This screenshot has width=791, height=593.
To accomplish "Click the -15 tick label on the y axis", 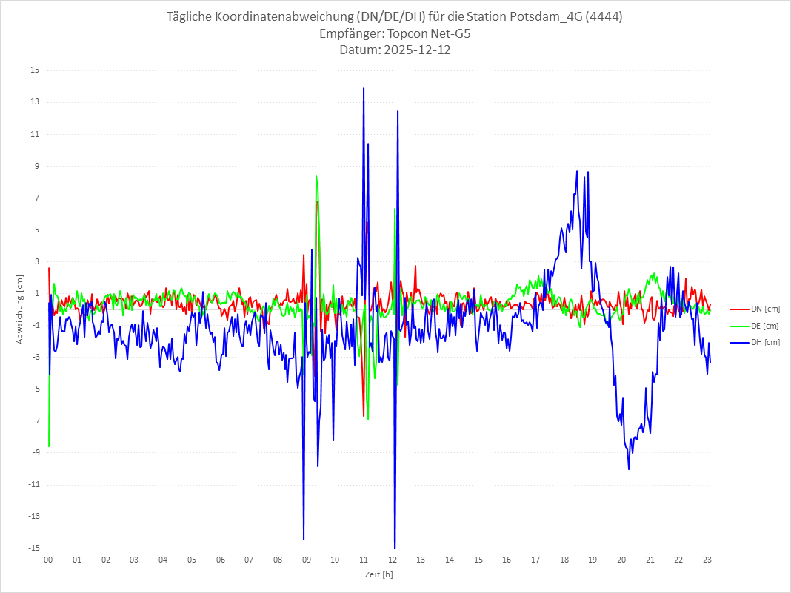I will click(x=33, y=549).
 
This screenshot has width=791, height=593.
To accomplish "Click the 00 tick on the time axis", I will click(x=48, y=560).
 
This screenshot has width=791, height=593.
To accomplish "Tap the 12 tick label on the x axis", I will click(x=393, y=560).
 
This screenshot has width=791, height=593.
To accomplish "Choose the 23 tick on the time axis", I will click(x=707, y=560).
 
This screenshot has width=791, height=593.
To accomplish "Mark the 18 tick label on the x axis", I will click(x=564, y=560).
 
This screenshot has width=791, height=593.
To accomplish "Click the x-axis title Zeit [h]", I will click(x=378, y=574).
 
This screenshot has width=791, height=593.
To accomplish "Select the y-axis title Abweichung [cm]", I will click(x=20, y=309).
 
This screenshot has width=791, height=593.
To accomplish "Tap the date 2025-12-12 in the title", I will click(x=415, y=50).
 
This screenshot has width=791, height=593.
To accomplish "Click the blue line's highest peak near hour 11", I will click(x=364, y=88).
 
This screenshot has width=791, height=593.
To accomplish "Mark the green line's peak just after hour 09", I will click(x=316, y=176).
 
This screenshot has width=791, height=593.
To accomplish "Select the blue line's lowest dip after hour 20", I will click(x=629, y=469).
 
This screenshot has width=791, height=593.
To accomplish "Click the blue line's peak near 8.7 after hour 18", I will click(x=577, y=171).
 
